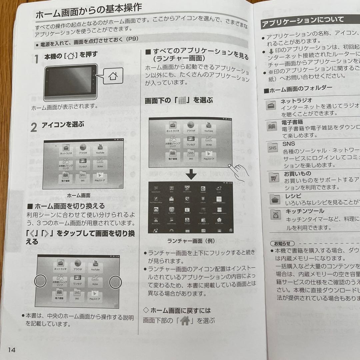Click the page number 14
[x=12, y=350]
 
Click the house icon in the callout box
[x=113, y=76]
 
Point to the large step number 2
[x=34, y=127]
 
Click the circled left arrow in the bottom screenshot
[x=40, y=282]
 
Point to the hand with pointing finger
[x=237, y=171]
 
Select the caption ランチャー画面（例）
[x=191, y=241]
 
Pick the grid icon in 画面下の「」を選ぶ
[x=181, y=101]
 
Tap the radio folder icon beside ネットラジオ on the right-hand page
[x=271, y=105]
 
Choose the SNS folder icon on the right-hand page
[x=272, y=147]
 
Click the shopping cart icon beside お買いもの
[x=274, y=178]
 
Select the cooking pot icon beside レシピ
[x=275, y=199]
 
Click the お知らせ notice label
[x=282, y=243]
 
